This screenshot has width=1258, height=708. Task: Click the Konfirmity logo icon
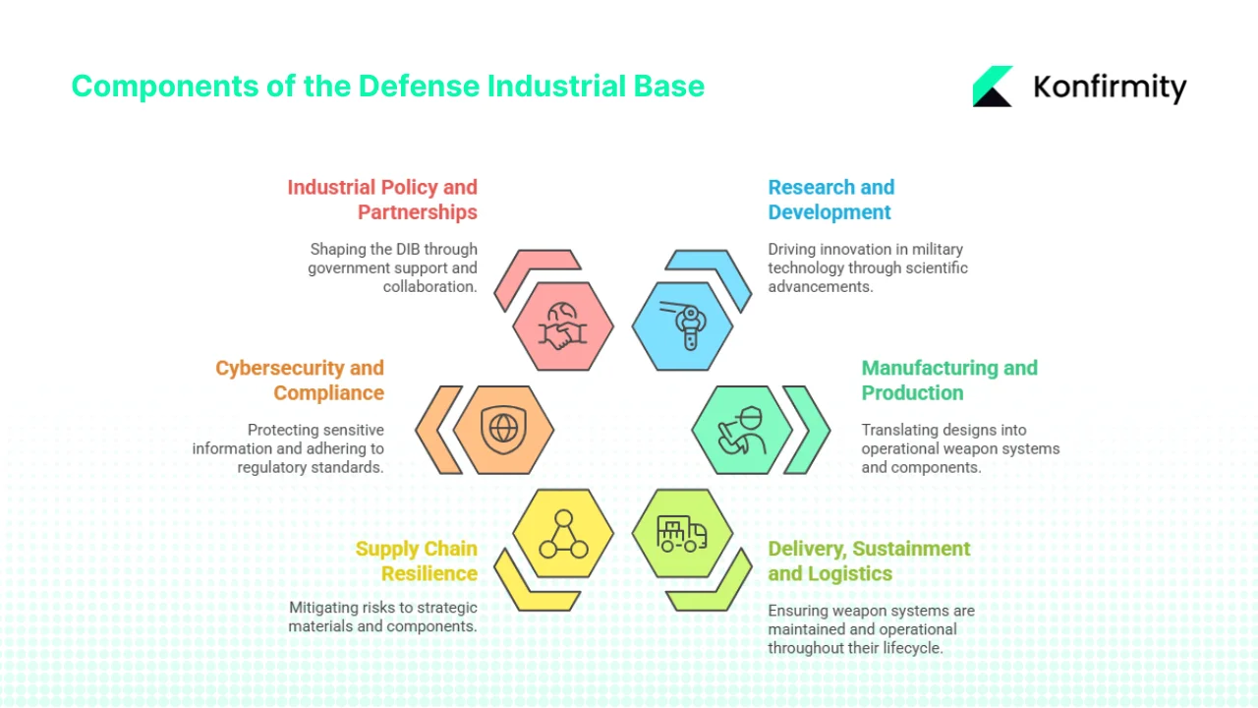[x=993, y=87]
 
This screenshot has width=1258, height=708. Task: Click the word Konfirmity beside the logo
[x=1110, y=88]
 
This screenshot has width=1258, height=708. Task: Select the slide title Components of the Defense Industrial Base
[x=387, y=86]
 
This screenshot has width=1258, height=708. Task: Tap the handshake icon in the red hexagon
[x=563, y=327]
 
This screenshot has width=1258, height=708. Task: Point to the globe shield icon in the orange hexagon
[x=503, y=429]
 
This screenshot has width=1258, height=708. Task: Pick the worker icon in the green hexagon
[x=742, y=430]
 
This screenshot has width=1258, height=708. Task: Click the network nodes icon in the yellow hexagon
[x=563, y=533]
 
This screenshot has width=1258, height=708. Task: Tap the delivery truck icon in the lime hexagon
[x=682, y=533]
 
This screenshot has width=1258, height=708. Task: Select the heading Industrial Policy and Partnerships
[x=382, y=200]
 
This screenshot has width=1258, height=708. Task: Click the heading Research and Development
[x=830, y=200]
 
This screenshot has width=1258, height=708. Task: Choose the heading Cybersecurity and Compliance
[x=300, y=380]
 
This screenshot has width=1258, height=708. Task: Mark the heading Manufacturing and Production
[x=948, y=380]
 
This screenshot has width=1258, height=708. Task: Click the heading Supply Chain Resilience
[x=416, y=560]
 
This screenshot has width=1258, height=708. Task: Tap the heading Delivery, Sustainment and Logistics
[x=869, y=560]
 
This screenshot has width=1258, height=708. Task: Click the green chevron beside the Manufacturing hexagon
[x=808, y=430]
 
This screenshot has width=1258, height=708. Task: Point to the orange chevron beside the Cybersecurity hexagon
[x=438, y=430]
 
